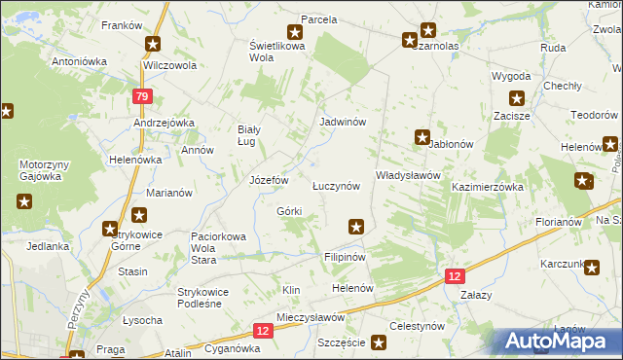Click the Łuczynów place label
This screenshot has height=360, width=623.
tap(337, 185)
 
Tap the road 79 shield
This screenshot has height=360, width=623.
tap(142, 96)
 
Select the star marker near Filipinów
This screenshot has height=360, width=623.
tap(357, 227)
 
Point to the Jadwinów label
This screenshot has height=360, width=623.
tap(343, 123)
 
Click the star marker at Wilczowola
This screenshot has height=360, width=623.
tap(153, 44)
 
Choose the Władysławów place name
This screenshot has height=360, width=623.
tap(409, 175)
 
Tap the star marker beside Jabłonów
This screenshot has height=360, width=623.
tap(422, 137)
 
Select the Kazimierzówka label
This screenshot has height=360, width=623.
tap(488, 186)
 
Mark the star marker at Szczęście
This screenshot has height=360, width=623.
tap(379, 342)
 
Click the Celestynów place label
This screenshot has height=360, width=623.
tap(417, 327)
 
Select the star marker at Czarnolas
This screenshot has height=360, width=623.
tap(410, 40)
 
